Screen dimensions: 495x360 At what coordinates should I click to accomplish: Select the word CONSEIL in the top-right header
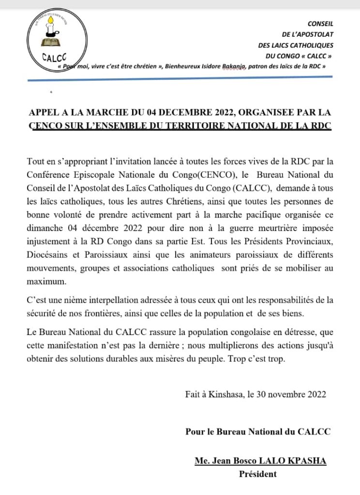point(320,23)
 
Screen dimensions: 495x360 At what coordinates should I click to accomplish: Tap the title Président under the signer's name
point(258,474)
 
